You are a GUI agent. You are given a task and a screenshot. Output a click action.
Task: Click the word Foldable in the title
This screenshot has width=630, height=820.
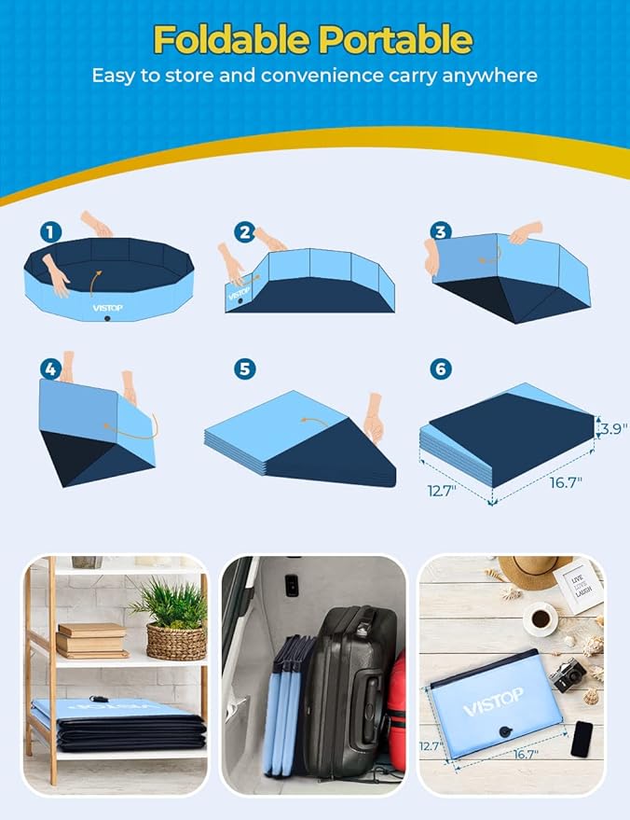pos(233,40)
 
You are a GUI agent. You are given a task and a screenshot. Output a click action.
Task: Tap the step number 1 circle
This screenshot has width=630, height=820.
pos(50,230)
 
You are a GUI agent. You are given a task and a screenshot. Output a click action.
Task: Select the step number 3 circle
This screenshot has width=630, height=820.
pos(440,230)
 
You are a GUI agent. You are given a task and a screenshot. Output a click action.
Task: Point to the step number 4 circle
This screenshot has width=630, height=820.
pos(50,368)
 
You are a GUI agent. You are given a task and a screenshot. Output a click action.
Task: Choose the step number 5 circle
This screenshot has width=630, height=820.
pos(245,368)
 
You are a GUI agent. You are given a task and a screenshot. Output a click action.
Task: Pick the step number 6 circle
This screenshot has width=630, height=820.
pos(440,368)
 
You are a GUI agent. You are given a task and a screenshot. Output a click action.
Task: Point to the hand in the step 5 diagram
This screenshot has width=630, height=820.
pos(374,417)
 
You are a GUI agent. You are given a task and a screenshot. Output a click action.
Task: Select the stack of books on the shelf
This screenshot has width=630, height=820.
pos(90,641)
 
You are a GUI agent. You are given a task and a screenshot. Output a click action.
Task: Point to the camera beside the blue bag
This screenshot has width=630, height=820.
pos(568,674)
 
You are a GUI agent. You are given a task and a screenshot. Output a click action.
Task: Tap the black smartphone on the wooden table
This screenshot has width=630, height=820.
pos(582,738)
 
